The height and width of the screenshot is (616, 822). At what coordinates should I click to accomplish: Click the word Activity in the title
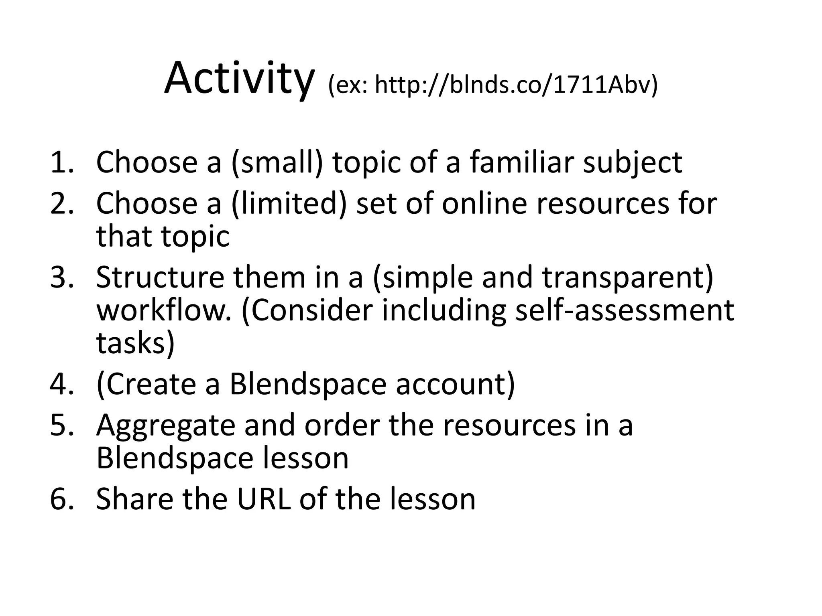pyautogui.click(x=238, y=79)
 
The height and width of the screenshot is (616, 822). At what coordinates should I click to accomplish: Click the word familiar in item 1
pyautogui.click(x=521, y=162)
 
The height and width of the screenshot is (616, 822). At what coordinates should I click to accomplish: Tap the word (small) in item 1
pyautogui.click(x=277, y=162)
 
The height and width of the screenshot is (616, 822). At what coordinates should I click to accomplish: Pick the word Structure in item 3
pyautogui.click(x=160, y=277)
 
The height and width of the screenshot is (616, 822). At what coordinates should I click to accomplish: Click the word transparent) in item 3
pyautogui.click(x=628, y=277)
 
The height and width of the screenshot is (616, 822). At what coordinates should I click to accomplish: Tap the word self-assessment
pyautogui.click(x=625, y=311)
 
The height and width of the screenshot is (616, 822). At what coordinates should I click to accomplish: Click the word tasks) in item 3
pyautogui.click(x=136, y=343)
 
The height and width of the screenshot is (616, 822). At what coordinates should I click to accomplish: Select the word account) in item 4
pyautogui.click(x=456, y=384)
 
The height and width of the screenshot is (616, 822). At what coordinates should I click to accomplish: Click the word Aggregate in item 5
pyautogui.click(x=165, y=425)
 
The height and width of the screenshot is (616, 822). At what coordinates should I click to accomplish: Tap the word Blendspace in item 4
pyautogui.click(x=308, y=384)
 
